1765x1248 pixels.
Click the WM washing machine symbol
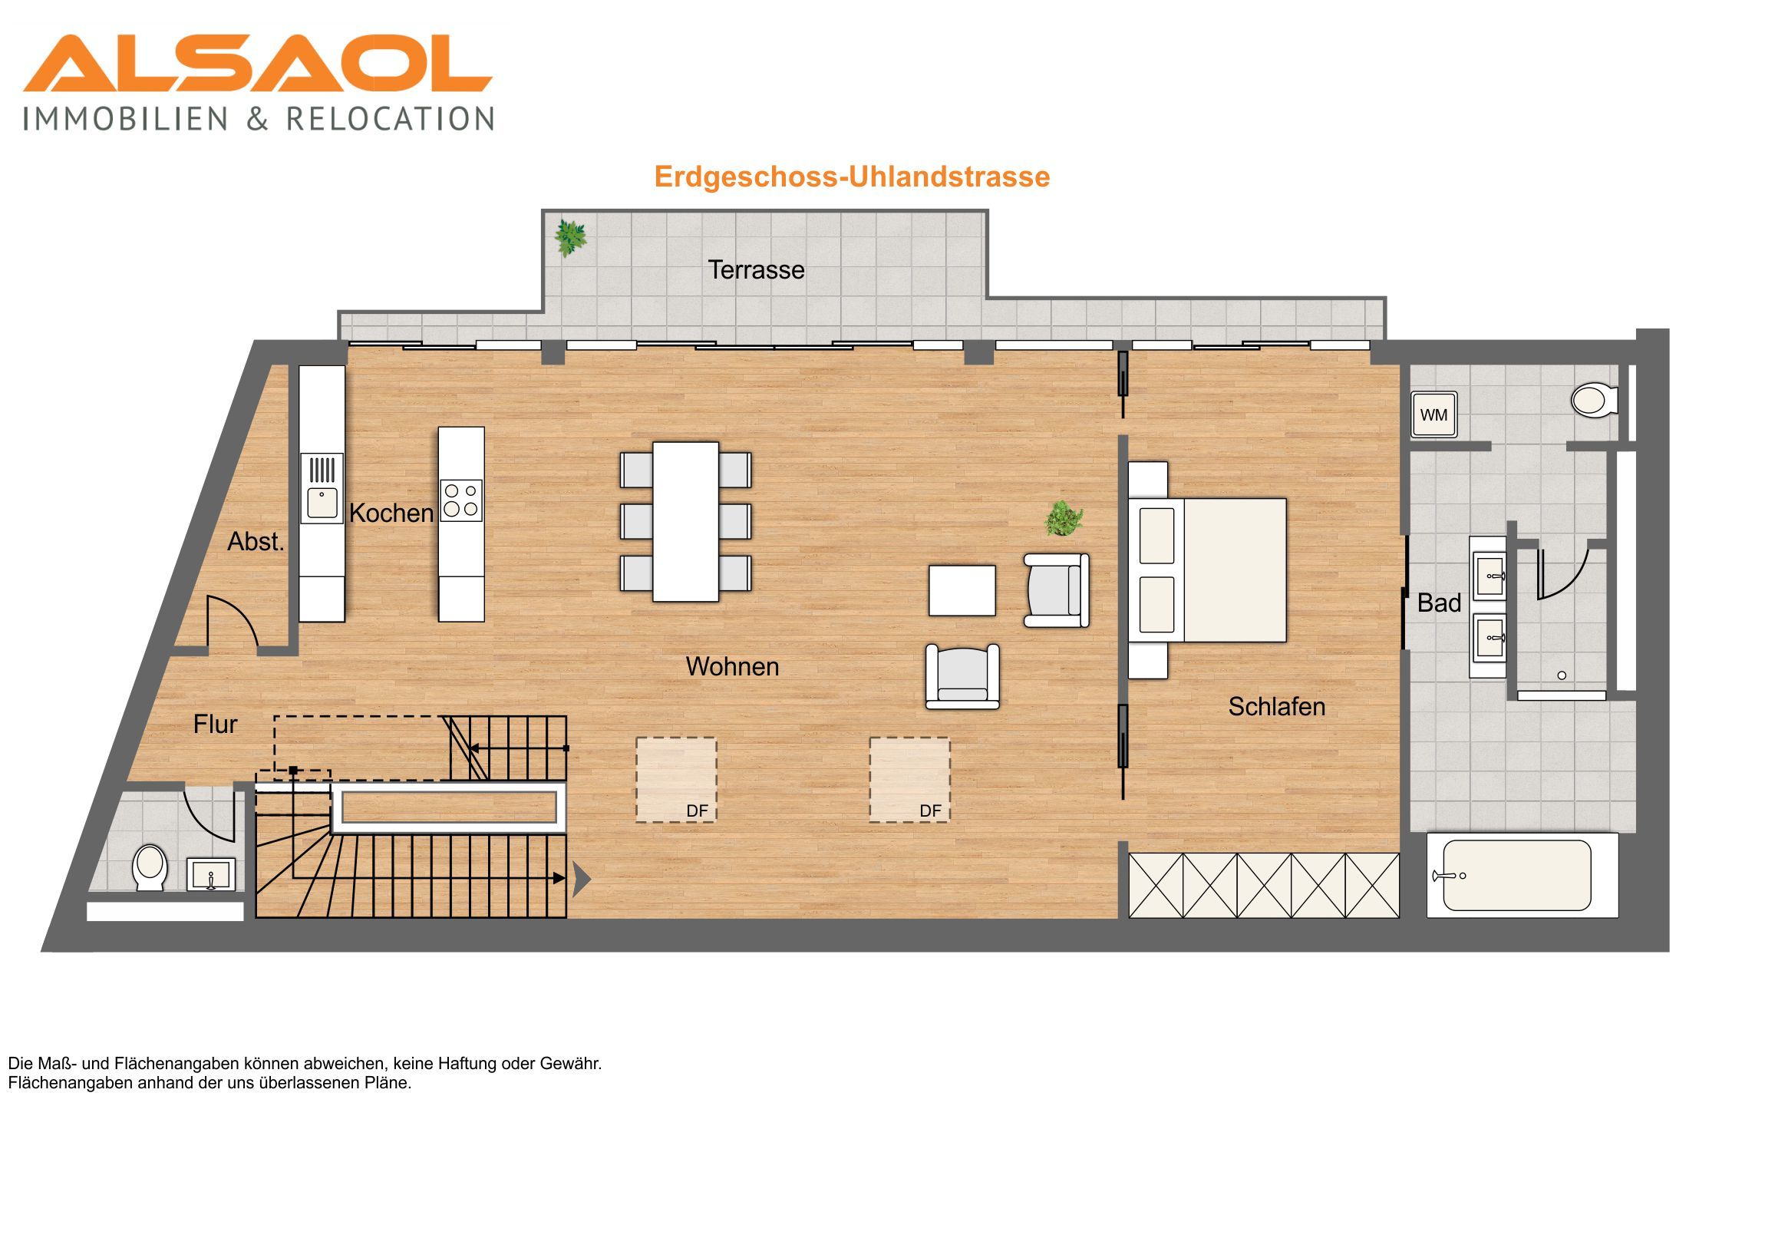tap(1433, 414)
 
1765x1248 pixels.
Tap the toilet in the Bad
tap(1595, 400)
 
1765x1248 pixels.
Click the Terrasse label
tap(756, 270)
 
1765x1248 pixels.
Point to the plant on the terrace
tap(570, 238)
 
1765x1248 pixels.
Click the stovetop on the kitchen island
tap(461, 500)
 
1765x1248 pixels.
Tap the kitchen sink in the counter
tap(322, 488)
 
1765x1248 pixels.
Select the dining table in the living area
tap(686, 520)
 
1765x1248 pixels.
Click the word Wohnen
tap(732, 667)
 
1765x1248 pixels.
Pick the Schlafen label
tap(1276, 707)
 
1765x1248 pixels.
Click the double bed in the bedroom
tap(1208, 570)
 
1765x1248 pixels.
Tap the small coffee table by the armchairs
tap(962, 590)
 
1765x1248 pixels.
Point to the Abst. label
tap(256, 542)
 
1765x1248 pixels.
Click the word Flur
tap(215, 725)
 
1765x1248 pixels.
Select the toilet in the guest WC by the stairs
tap(150, 867)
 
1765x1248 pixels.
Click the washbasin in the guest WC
tap(210, 875)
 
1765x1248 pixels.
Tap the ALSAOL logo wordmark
tap(258, 63)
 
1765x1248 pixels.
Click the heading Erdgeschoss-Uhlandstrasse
tap(852, 177)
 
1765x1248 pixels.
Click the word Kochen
tap(391, 513)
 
